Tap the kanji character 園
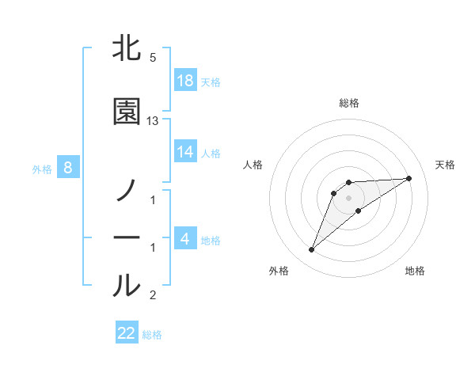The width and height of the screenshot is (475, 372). point(127,112)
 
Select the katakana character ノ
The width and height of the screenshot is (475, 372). point(127,191)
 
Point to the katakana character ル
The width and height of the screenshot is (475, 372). point(127,286)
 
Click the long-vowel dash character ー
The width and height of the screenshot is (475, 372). point(127,238)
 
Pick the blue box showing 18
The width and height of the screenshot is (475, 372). point(185,80)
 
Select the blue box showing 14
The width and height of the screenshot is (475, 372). point(185,152)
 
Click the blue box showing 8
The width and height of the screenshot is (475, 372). point(68,167)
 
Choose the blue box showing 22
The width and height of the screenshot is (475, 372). point(127,333)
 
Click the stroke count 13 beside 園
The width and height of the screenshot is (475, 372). point(153,121)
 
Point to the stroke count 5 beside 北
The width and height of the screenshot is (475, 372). point(152,58)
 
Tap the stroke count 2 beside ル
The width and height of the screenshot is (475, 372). point(152,295)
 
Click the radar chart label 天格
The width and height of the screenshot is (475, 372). point(446,165)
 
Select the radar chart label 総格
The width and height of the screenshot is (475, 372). point(349,103)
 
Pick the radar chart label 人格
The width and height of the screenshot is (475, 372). point(253,165)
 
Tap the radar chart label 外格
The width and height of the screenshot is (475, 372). point(279,271)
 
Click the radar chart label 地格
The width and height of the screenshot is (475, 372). point(415,271)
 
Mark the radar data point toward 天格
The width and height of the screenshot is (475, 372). point(409,178)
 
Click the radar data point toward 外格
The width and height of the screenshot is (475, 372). point(311,250)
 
